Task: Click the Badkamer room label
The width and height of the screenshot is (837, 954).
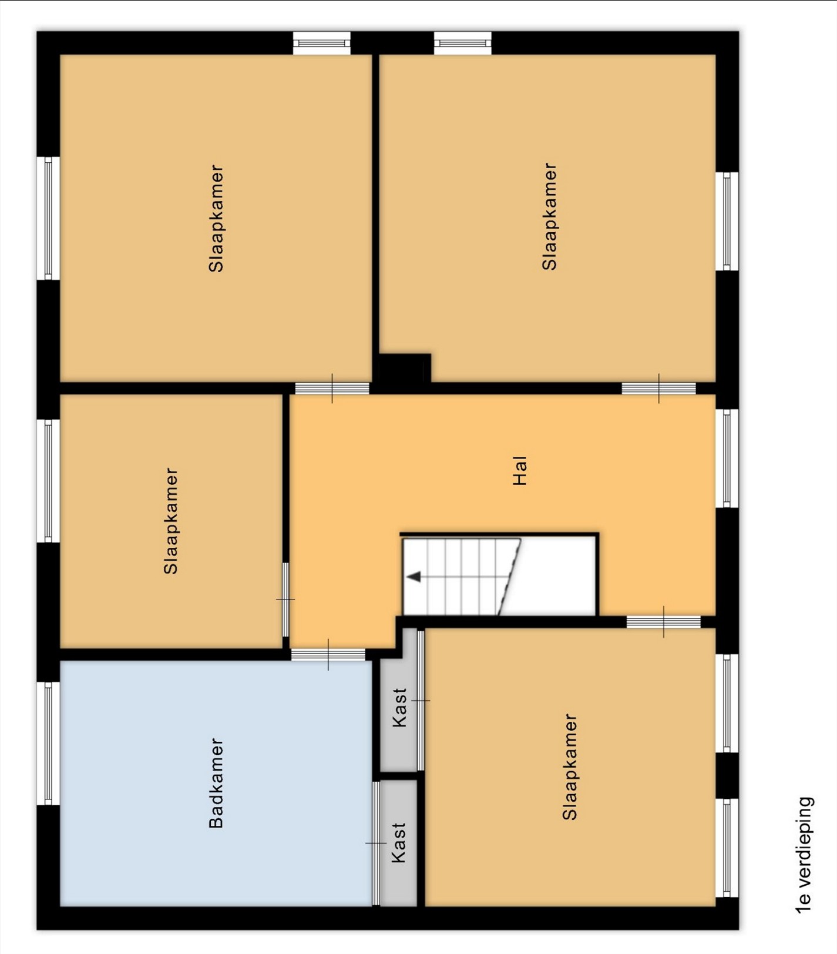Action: (216, 784)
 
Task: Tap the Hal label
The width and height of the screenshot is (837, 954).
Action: (520, 471)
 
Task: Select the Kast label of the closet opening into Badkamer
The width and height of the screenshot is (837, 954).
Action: (399, 842)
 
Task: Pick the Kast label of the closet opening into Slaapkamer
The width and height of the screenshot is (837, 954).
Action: (399, 708)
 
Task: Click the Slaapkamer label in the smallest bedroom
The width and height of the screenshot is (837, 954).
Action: (170, 521)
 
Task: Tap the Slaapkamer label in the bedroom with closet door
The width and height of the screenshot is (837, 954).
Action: (570, 766)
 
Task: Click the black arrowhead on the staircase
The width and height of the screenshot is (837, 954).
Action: (414, 577)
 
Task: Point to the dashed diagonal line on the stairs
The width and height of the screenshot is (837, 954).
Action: (509, 577)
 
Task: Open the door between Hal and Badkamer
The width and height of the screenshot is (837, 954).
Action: (328, 654)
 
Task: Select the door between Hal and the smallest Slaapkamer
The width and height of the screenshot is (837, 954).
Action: (285, 600)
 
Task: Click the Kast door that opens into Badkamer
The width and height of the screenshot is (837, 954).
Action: (376, 843)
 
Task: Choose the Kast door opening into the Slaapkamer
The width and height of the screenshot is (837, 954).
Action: (421, 700)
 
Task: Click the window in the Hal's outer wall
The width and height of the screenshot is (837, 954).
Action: (727, 458)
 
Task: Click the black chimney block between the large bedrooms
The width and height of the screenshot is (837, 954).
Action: (404, 370)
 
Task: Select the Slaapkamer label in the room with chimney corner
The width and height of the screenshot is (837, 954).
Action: (549, 216)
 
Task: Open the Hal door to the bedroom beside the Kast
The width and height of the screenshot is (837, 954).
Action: (664, 622)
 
